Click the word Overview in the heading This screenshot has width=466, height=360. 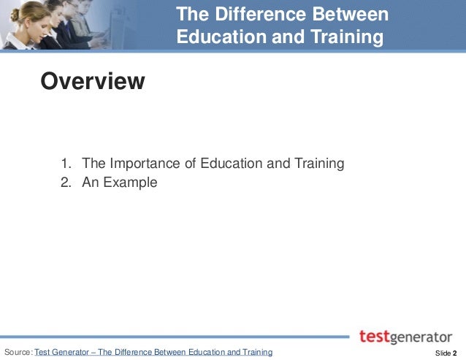click(x=93, y=80)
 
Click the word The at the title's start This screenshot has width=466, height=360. click(x=193, y=15)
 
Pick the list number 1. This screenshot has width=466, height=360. click(x=65, y=164)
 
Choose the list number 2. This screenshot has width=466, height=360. click(x=65, y=183)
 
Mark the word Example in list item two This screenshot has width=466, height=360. click(x=130, y=183)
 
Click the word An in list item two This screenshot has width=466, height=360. click(x=91, y=183)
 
